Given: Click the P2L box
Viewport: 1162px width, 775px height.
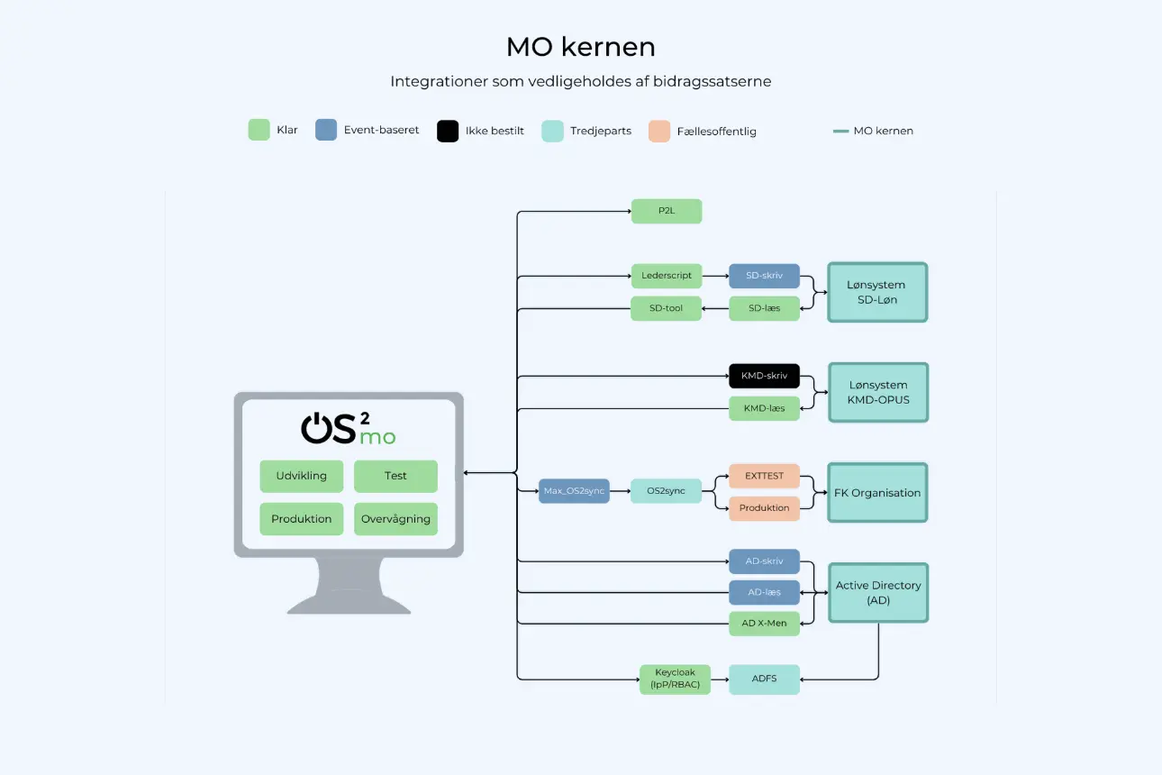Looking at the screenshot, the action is tap(667, 211).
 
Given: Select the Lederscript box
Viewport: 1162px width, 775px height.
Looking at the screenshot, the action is tap(667, 276).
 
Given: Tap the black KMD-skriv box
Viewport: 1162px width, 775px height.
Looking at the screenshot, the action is tap(764, 376).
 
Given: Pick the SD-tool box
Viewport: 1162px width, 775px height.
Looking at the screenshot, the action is tap(666, 308).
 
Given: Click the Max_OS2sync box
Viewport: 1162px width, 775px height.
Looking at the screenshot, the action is tap(575, 491).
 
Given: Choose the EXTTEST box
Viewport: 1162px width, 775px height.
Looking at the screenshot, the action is tap(764, 476).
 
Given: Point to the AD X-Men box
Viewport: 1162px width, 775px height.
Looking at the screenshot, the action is tap(764, 624).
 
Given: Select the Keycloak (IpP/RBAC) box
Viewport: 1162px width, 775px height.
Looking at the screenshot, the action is tap(675, 679).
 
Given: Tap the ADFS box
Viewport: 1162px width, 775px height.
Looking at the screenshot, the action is tap(764, 679).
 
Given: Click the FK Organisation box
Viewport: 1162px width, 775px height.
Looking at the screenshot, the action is tap(877, 493).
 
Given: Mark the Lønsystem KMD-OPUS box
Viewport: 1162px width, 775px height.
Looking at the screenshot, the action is tap(878, 392).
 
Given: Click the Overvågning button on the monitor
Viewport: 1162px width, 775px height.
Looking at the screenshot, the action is tap(395, 518).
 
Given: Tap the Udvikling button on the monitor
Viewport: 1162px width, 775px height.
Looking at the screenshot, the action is tap(302, 476).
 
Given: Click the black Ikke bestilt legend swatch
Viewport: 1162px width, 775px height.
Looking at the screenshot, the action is tap(448, 131).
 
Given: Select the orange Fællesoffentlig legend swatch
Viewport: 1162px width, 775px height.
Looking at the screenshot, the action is tap(659, 131).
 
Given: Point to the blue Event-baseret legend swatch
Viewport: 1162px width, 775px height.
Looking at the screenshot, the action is tap(326, 130).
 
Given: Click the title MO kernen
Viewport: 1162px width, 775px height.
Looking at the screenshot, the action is tap(580, 47).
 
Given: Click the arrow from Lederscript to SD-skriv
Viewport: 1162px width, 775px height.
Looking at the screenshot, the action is tap(715, 276).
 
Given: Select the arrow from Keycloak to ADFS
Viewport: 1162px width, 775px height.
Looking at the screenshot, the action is tap(720, 679).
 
